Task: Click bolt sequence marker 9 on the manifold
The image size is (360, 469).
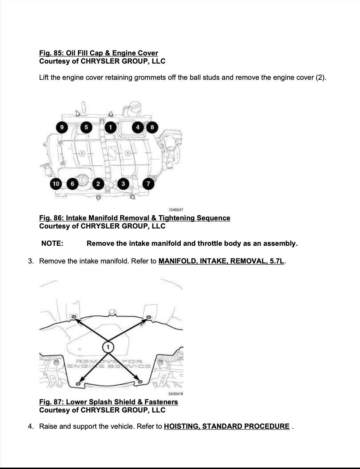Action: click(62, 127)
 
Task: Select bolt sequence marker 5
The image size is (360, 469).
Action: click(86, 127)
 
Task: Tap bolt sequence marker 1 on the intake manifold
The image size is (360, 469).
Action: click(110, 127)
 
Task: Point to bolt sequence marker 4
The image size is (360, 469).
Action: click(138, 127)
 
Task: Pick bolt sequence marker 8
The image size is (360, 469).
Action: click(152, 127)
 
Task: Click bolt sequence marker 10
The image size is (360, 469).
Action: click(56, 184)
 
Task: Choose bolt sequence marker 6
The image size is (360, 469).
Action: click(72, 184)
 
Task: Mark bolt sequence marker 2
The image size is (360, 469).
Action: click(98, 184)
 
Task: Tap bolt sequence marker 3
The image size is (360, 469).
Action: click(123, 184)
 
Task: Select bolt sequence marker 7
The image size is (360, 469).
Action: click(148, 184)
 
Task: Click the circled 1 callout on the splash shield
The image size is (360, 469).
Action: click(108, 347)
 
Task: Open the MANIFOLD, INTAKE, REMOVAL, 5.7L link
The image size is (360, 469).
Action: click(221, 261)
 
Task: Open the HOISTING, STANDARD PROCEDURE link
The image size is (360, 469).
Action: click(227, 426)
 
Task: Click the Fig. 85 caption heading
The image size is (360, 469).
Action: click(98, 53)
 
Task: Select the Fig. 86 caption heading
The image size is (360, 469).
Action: click(134, 218)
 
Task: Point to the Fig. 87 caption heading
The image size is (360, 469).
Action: click(108, 402)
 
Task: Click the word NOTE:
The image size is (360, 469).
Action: click(52, 243)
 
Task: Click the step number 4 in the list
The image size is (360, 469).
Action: click(30, 426)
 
